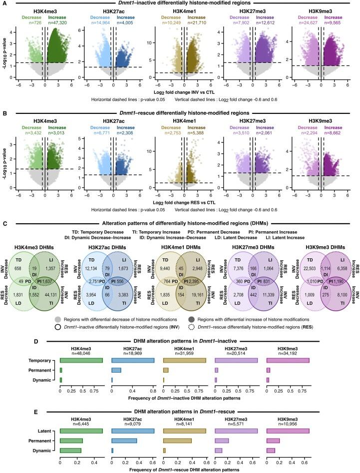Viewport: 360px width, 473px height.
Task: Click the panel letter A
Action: pos(4,3)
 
